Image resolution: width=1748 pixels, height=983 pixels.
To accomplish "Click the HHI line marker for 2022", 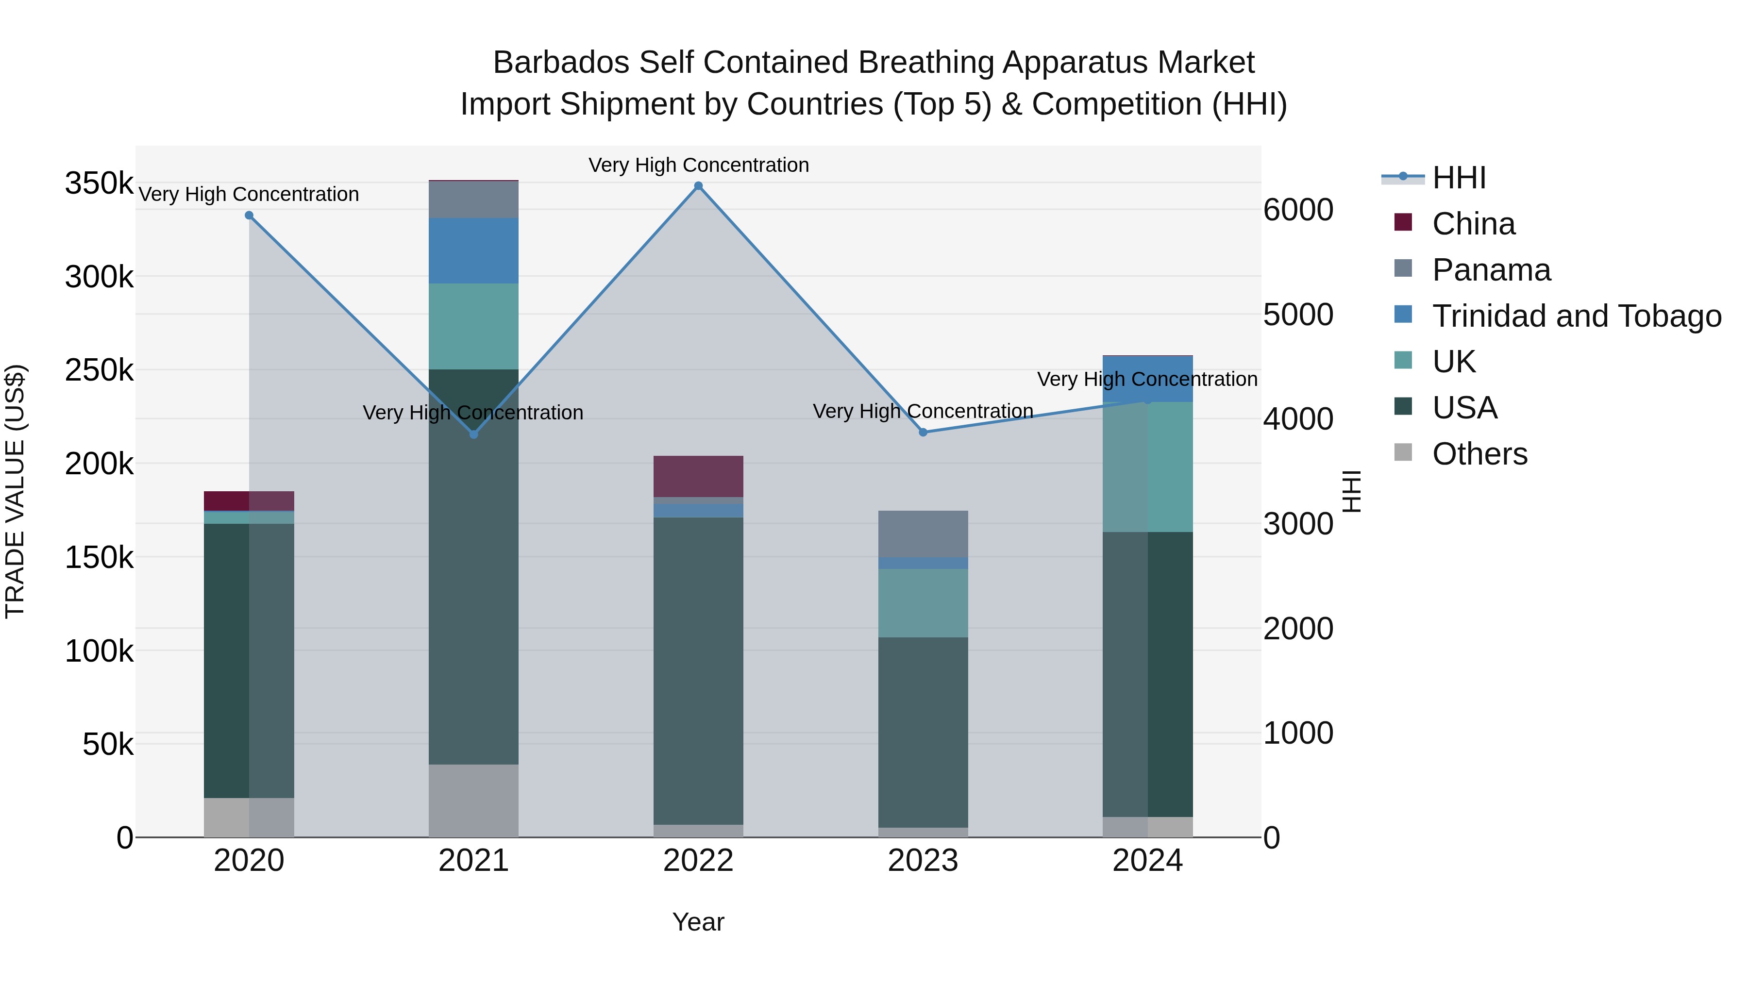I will click(x=698, y=186).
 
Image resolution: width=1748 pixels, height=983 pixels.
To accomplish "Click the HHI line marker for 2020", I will click(x=249, y=216).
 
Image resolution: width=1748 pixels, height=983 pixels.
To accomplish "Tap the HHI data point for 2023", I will click(x=923, y=432).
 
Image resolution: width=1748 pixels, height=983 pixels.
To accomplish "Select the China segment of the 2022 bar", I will click(x=698, y=476).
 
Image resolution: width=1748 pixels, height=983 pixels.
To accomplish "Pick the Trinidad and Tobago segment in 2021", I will click(x=473, y=250).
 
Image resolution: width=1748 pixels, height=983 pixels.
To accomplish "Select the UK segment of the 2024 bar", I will click(x=1147, y=467).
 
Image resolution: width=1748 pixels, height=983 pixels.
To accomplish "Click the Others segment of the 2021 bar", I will click(x=473, y=800).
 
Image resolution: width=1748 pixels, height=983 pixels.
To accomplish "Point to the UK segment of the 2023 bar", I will click(x=923, y=602).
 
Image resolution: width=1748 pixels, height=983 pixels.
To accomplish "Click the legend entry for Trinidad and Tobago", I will click(x=1576, y=316).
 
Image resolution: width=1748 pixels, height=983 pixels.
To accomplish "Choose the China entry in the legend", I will click(x=1473, y=224).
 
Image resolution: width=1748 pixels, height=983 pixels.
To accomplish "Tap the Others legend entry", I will click(x=1479, y=454).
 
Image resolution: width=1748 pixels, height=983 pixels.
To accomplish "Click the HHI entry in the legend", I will click(x=1459, y=178).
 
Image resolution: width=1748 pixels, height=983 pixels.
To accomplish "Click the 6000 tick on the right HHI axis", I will click(x=1298, y=210).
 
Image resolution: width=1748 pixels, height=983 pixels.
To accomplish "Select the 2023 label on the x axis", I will click(x=923, y=861).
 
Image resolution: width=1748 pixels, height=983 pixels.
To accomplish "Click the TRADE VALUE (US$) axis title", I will click(x=16, y=491).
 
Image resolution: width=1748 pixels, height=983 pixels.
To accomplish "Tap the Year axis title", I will click(x=698, y=922).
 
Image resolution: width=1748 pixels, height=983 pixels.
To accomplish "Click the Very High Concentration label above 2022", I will click(x=698, y=165).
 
